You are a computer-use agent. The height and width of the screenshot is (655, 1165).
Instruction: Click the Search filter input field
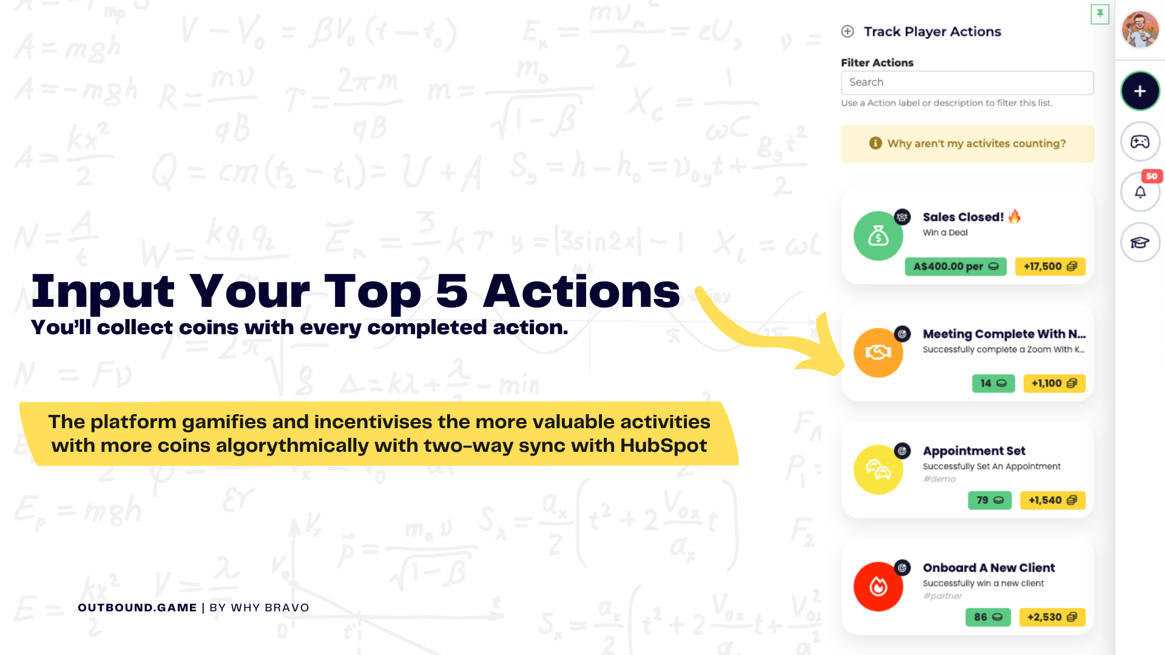[x=967, y=82]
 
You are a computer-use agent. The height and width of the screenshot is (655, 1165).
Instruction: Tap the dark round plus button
[x=1140, y=91]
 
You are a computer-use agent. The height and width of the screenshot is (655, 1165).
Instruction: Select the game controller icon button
[x=1140, y=142]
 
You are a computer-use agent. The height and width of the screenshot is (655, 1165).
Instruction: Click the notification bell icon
[x=1140, y=192]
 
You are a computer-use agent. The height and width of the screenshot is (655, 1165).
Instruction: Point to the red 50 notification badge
[x=1152, y=176]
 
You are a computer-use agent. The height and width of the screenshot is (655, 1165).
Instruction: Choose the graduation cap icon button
[x=1140, y=243]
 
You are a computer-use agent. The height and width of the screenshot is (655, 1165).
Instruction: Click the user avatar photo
[x=1140, y=29]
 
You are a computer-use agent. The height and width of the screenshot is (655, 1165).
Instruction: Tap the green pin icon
[x=1100, y=14]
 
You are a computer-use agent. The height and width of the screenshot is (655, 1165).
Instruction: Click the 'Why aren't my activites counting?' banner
[x=967, y=144]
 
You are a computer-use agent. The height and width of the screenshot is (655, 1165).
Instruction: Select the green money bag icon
[x=878, y=236]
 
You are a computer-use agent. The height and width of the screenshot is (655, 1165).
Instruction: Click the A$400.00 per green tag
[x=955, y=266]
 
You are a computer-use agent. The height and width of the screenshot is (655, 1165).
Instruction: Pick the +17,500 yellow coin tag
[x=1050, y=266]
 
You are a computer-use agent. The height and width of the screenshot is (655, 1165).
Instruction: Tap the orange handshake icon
[x=878, y=352]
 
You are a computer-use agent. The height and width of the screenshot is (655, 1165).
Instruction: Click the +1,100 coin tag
[x=1054, y=383]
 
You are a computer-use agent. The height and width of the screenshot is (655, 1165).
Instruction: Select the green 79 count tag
[x=990, y=500]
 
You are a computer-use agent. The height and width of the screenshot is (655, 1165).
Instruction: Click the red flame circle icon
[x=878, y=586]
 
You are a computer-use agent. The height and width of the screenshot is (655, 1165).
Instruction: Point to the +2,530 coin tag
[x=1052, y=617]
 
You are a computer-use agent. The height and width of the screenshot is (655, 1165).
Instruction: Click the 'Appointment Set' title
[x=974, y=451]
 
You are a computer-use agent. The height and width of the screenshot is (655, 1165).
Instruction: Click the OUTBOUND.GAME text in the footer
[x=137, y=608]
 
